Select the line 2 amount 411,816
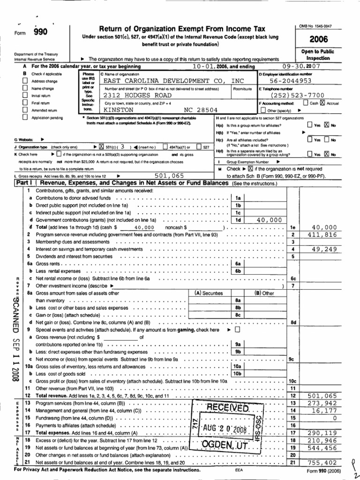[323, 234]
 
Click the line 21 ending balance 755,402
[323, 462]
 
